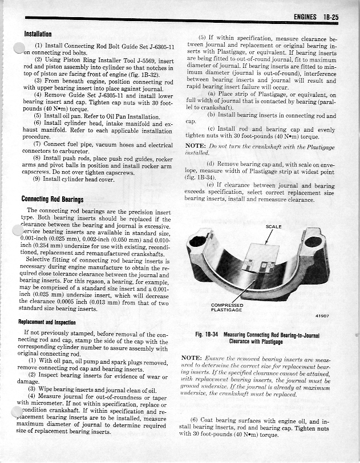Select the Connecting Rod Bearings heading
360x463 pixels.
(52, 199)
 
